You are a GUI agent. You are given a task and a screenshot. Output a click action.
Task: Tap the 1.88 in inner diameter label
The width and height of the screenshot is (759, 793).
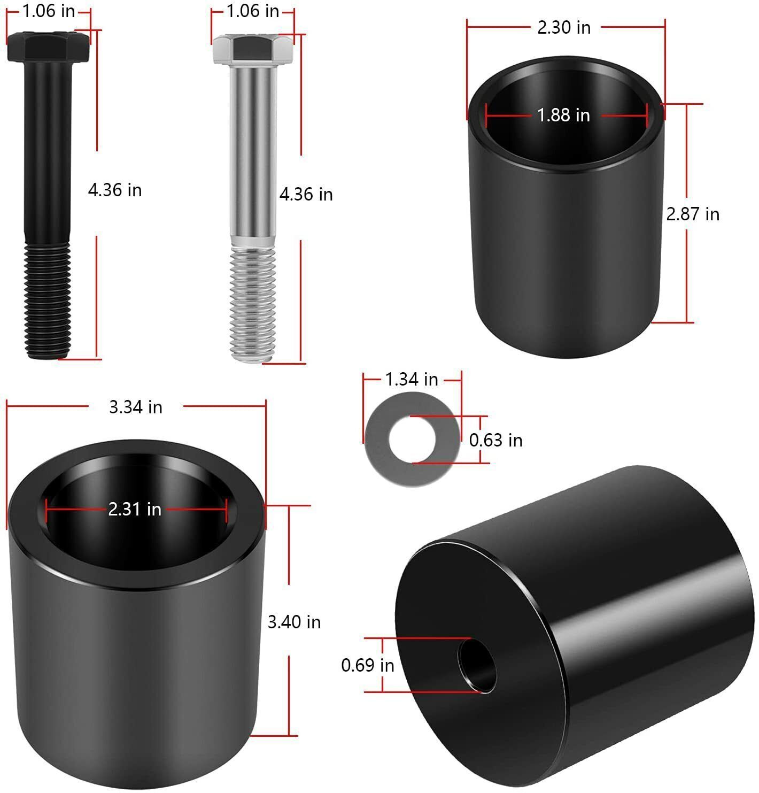coord(563,115)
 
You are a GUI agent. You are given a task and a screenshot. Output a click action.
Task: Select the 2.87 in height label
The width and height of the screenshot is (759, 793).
coord(692,214)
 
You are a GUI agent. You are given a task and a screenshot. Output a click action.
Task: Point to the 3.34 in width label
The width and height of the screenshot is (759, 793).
coord(136,407)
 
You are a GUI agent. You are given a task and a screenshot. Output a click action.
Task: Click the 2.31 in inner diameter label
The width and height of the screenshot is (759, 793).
coord(135,509)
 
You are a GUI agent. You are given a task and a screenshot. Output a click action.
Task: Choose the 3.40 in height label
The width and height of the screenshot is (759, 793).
coord(294,622)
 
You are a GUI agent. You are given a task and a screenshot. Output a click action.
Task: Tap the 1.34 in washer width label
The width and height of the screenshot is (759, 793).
coord(412,380)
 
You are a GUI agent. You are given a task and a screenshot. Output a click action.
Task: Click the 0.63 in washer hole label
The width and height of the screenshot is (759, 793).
coord(495,440)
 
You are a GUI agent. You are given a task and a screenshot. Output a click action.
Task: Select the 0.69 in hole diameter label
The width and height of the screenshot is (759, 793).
coord(368,665)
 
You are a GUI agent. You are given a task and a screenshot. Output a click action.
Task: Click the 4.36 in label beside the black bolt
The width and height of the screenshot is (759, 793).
coord(115,190)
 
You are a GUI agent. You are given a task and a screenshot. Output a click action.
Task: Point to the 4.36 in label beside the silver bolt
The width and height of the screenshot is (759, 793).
coord(306,194)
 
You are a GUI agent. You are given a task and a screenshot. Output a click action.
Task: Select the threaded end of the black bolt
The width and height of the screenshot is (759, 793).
coord(47,299)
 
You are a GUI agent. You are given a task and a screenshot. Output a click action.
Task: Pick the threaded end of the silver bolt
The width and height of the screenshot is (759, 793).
coord(253,305)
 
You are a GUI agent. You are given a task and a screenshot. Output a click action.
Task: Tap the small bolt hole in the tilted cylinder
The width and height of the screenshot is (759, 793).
coord(477,665)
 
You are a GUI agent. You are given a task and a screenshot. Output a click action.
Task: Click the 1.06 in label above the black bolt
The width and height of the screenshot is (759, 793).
coord(49,11)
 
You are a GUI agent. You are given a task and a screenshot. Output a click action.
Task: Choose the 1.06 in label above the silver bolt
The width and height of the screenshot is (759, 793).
coord(253,11)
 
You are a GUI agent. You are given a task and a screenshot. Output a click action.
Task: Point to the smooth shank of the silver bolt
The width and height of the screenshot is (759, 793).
coord(253,155)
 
